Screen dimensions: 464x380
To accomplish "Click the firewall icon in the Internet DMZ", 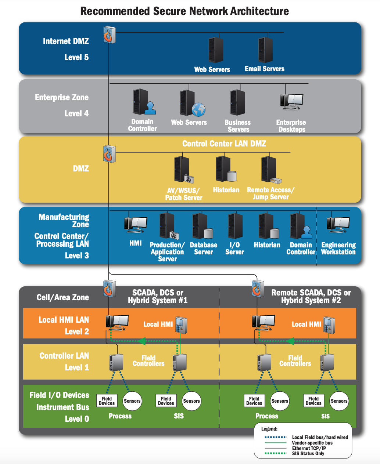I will tap(110, 35).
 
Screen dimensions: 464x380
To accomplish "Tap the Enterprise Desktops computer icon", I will tap(292, 102).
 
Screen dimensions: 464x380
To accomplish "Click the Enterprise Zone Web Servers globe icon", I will tap(198, 109).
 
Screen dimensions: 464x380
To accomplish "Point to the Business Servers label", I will tap(238, 126).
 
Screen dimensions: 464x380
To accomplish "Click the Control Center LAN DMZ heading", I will tap(224, 144).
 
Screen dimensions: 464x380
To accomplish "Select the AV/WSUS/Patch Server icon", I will tap(183, 169).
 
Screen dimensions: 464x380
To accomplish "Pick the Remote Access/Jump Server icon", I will tap(270, 170).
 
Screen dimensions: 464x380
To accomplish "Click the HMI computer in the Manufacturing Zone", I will tap(136, 224).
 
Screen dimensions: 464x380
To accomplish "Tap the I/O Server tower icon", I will tap(235, 226).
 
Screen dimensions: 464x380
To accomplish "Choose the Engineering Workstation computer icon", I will tap(338, 225).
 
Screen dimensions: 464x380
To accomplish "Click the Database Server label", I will tap(203, 249).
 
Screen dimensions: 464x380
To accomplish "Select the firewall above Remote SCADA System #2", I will tap(258, 289).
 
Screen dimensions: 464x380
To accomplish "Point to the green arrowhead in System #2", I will tap(290, 341).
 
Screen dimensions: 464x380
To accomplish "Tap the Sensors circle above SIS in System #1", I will tap(191, 401).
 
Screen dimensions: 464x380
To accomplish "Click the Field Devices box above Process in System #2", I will tap(254, 401).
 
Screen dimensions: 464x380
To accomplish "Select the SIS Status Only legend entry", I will tap(308, 453).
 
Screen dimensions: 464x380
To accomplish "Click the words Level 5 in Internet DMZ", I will tap(76, 57).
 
